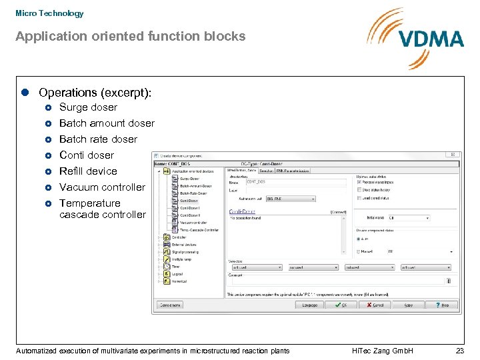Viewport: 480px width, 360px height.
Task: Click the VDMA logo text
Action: point(431,38)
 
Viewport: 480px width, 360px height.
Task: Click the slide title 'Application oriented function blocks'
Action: point(131,37)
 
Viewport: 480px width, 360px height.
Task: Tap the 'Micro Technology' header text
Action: point(49,13)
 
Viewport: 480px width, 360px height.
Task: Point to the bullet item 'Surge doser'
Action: point(88,107)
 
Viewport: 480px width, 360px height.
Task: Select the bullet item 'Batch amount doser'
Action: point(107,123)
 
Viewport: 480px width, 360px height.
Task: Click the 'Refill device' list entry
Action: point(88,171)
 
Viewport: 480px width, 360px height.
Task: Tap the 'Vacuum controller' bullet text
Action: point(101,187)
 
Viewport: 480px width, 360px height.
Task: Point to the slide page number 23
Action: point(459,351)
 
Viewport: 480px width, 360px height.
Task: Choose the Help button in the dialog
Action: point(442,305)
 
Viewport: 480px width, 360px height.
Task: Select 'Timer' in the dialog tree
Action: point(176,267)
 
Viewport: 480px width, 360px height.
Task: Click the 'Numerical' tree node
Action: point(180,281)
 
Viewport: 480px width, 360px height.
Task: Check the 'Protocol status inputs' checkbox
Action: point(357,182)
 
